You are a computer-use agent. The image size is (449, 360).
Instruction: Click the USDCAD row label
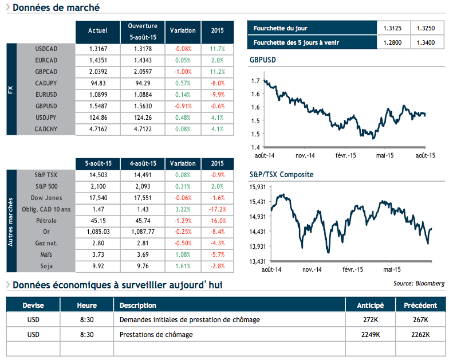coord(46,49)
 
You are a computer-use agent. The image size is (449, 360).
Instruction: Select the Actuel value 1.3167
coord(98,49)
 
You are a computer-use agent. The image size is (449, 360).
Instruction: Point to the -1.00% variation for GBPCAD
coord(183,72)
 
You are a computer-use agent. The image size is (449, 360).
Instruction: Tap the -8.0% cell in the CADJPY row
coord(217,83)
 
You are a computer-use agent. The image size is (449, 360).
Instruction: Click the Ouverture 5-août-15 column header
coord(143,31)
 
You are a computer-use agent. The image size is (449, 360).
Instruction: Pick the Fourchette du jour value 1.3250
coord(426,28)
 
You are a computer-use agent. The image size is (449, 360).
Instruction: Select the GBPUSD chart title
coord(264,60)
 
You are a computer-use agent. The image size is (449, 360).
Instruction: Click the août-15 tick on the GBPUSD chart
coord(424,155)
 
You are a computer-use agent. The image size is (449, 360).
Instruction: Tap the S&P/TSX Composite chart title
coord(282,175)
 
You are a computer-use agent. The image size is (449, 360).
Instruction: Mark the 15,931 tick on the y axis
coord(259,187)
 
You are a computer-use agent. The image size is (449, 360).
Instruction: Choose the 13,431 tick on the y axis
coord(259,261)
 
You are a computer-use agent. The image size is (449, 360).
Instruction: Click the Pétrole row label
coord(46,221)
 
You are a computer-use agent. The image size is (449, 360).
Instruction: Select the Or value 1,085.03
coord(98,232)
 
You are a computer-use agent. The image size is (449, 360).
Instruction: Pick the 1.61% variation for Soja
coord(183,267)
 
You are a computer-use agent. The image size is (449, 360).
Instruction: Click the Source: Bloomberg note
coord(419,283)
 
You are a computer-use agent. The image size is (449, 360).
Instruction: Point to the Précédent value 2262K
coord(420,334)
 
